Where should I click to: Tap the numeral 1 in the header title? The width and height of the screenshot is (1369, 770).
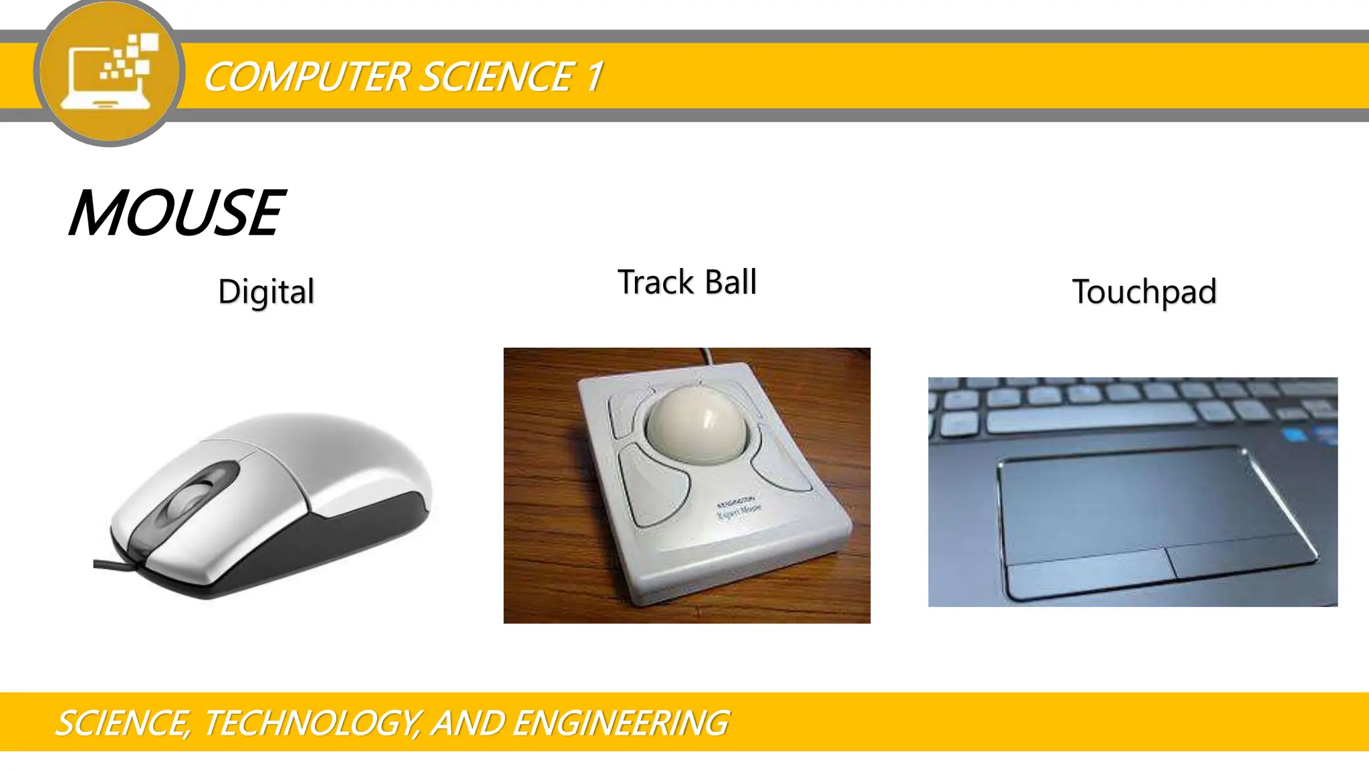[x=594, y=76]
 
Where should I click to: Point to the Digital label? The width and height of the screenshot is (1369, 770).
[x=266, y=292]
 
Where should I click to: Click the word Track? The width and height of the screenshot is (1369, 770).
[x=656, y=282]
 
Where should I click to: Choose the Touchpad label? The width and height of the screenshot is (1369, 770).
[x=1144, y=292]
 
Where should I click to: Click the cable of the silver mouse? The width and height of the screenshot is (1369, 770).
[x=114, y=565]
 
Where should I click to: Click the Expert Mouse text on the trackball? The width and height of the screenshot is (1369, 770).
[x=739, y=511]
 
